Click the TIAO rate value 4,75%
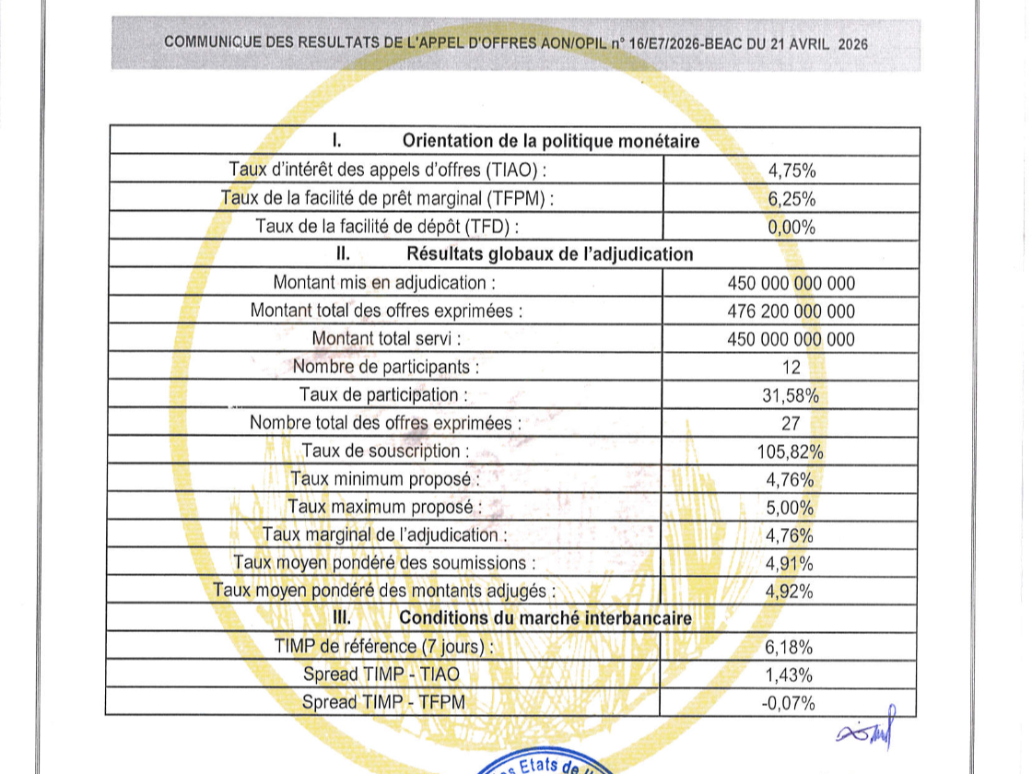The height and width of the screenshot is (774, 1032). pyautogui.click(x=792, y=170)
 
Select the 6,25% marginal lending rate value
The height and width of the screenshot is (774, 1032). pyautogui.click(x=792, y=199)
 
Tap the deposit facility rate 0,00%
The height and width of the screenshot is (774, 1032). pyautogui.click(x=792, y=227)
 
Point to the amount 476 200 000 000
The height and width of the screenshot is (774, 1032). pyautogui.click(x=791, y=311)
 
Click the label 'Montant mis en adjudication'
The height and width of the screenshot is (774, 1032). pyautogui.click(x=385, y=283)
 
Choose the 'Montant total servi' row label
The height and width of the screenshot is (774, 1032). pyautogui.click(x=385, y=339)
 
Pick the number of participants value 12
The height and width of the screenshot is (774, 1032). pyautogui.click(x=791, y=368)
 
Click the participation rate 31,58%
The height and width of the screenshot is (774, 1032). pyautogui.click(x=791, y=395)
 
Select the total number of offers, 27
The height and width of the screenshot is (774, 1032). pyautogui.click(x=791, y=424)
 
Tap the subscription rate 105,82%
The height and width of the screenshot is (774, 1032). pyautogui.click(x=791, y=451)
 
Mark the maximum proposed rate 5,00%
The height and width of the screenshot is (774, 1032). pyautogui.click(x=790, y=508)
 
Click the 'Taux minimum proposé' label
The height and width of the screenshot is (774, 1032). pyautogui.click(x=385, y=479)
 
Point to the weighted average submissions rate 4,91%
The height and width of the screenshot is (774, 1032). pyautogui.click(x=790, y=564)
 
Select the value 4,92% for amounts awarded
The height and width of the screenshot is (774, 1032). pyautogui.click(x=790, y=592)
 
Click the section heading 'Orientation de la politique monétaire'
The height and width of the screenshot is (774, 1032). pyautogui.click(x=550, y=141)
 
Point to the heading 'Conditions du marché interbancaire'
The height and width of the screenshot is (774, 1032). pyautogui.click(x=545, y=619)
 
